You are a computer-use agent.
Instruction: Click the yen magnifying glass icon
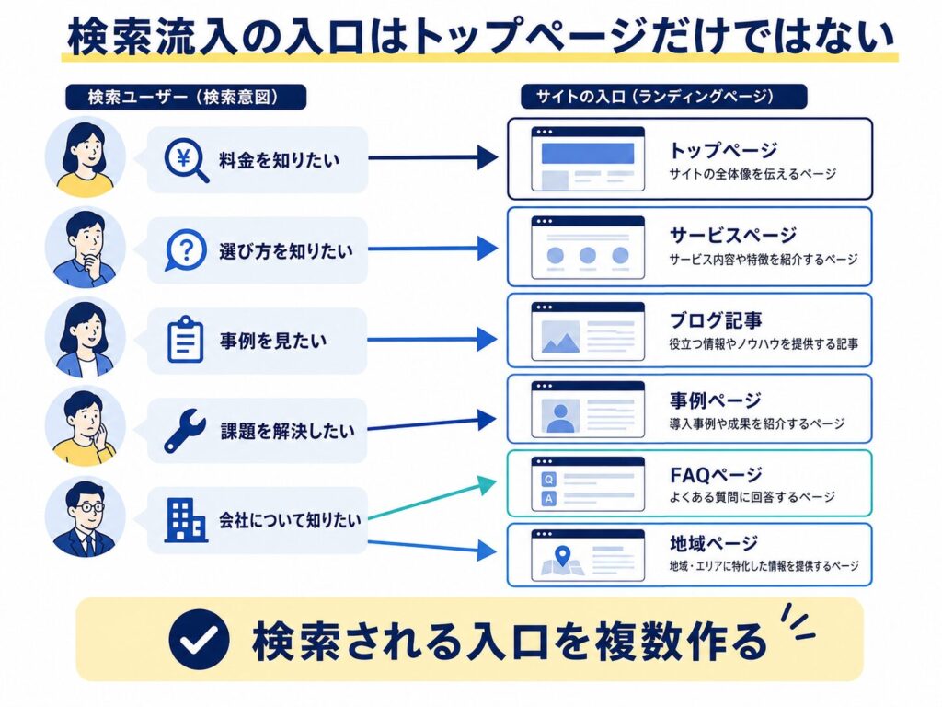186,160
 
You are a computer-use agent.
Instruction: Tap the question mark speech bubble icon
185,249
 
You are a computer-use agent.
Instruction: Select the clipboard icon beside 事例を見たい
185,339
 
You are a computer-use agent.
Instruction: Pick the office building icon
186,521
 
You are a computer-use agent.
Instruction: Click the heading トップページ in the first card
723,150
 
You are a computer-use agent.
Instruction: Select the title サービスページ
733,235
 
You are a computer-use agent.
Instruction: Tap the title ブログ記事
716,319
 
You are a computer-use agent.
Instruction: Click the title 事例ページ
715,400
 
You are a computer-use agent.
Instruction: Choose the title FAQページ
716,475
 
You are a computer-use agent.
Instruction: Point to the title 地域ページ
714,543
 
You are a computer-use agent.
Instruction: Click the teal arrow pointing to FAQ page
432,498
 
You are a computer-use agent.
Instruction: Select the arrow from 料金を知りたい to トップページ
432,158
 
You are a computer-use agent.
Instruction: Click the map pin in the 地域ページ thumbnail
562,555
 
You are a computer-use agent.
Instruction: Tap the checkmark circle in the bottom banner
199,640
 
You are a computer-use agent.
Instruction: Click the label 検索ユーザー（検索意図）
186,97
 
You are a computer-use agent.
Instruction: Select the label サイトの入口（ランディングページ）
663,96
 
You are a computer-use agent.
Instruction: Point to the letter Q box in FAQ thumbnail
548,479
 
